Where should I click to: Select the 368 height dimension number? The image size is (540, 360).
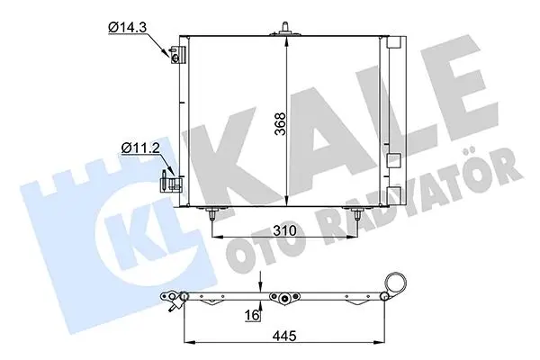click(x=281, y=123)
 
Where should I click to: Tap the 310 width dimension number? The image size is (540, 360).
click(x=284, y=230)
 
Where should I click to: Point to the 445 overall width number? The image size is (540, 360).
click(x=284, y=335)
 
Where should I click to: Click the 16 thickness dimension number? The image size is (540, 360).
click(x=251, y=315)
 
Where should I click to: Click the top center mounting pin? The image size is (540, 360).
click(x=284, y=29)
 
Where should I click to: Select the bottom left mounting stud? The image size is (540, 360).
click(x=212, y=213)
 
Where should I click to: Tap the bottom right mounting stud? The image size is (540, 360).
click(x=357, y=213)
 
